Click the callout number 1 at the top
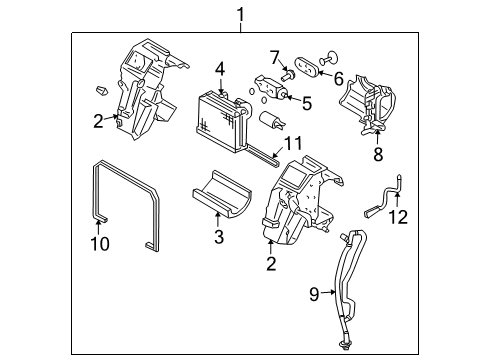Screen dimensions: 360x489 tap(239, 13)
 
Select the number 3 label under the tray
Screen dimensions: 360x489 tap(219, 237)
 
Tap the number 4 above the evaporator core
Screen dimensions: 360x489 tap(219, 69)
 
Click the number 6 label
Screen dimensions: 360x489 tap(338, 77)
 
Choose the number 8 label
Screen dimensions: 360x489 tap(378, 155)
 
